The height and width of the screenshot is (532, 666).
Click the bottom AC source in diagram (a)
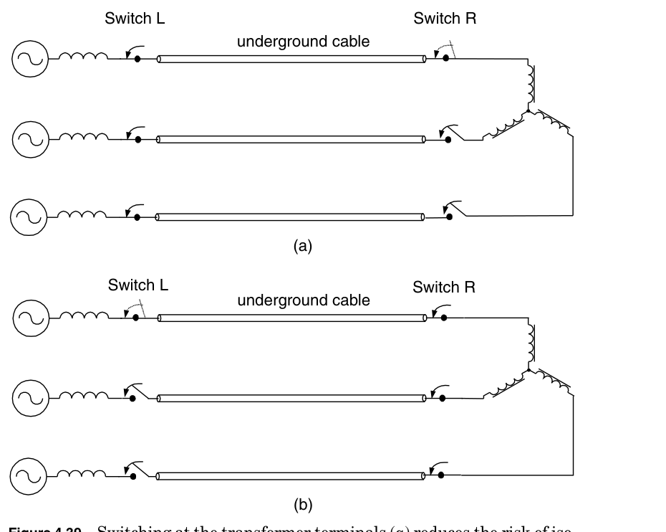29,216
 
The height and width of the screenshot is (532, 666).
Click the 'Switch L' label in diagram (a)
135,19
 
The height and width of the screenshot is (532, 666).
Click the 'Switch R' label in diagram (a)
445,19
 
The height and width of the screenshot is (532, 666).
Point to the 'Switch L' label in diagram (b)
138,285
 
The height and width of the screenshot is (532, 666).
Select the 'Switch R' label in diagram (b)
444,288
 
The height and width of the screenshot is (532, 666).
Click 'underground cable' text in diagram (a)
303,42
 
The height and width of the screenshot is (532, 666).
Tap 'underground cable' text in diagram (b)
304,300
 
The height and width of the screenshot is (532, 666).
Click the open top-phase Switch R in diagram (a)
444,53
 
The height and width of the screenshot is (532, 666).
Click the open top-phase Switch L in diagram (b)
135,312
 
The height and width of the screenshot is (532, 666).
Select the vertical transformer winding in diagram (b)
531,343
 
